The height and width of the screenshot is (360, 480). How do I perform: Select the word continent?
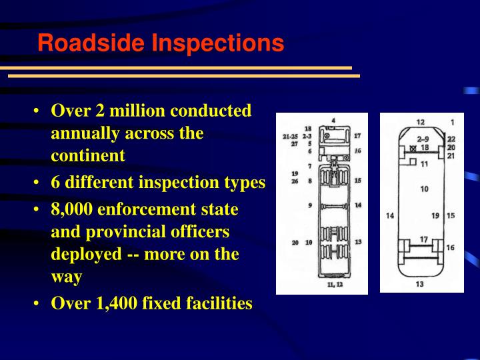click(x=88, y=156)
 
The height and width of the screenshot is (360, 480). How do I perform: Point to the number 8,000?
click(x=71, y=209)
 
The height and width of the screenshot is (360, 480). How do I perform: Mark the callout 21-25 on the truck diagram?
click(x=289, y=136)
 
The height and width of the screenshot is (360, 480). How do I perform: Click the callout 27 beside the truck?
click(x=294, y=143)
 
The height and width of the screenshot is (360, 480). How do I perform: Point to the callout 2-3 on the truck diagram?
click(x=307, y=136)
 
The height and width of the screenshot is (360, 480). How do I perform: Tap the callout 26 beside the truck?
click(x=294, y=181)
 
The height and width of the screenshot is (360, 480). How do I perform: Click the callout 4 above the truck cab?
click(x=333, y=121)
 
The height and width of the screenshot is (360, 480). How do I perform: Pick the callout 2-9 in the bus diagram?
click(x=422, y=139)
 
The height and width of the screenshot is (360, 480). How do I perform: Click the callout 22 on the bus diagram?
click(x=451, y=139)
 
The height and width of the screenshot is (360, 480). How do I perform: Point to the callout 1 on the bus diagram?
click(x=451, y=123)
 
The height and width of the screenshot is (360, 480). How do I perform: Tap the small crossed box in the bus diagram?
click(x=413, y=147)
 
